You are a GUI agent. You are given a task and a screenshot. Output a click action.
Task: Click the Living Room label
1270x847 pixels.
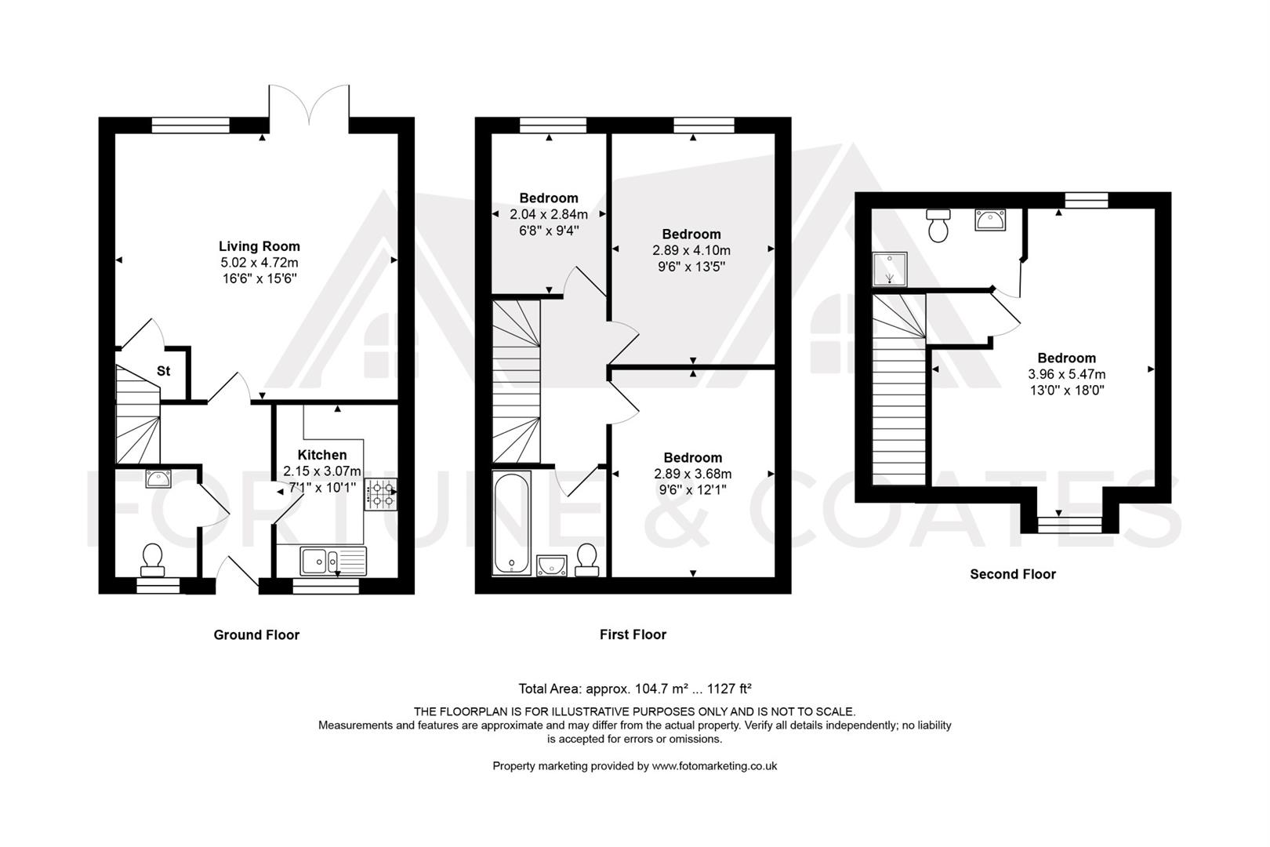click(x=259, y=246)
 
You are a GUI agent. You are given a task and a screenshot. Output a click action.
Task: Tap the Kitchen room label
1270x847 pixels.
click(x=321, y=455)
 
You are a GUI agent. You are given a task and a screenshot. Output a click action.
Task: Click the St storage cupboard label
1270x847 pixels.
click(x=163, y=371)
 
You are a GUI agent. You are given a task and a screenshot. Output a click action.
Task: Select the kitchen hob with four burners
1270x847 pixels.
click(x=380, y=494)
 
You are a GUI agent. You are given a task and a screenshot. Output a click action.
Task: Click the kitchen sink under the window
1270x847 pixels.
click(x=332, y=560)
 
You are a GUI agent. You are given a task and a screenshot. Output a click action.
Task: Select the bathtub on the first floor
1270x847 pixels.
click(x=511, y=522)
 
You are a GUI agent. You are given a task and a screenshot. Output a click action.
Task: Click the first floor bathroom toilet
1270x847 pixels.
click(x=586, y=560)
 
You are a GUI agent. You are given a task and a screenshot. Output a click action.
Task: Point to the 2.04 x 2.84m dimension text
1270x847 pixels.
click(x=548, y=214)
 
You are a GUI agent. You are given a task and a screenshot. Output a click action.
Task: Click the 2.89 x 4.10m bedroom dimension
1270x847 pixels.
click(x=691, y=251)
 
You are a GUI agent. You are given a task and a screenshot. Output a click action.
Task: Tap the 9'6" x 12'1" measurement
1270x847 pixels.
click(x=692, y=490)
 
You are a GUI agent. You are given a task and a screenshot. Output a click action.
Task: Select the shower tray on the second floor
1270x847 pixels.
click(x=889, y=269)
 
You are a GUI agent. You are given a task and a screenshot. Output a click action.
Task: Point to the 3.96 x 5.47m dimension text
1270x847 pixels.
click(x=1066, y=374)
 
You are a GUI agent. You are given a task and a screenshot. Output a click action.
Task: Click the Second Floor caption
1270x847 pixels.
click(x=1012, y=574)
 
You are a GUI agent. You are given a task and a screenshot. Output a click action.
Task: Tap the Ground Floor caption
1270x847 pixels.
click(x=256, y=634)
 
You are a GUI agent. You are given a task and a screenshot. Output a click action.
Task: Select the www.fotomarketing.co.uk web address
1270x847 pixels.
click(x=714, y=765)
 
